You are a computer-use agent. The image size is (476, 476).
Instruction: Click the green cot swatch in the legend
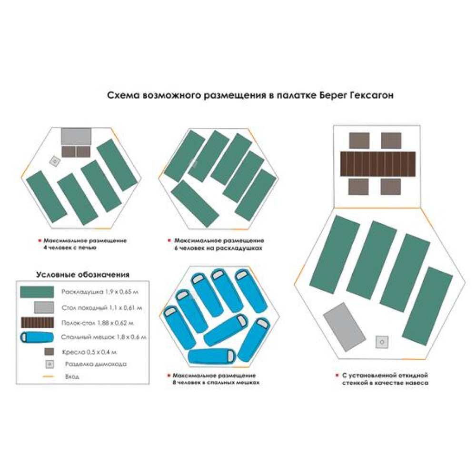pos(37,291)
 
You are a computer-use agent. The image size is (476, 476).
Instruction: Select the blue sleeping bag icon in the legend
pos(37,337)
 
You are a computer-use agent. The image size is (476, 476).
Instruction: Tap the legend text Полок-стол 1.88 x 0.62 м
pos(98,323)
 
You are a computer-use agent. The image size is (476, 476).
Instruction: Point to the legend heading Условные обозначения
pos(83,275)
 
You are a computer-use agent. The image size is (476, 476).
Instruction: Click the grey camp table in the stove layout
pos(76,137)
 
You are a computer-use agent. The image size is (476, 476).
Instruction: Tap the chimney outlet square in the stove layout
pos(55,161)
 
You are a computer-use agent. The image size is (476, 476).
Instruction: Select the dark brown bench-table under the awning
pos(377,163)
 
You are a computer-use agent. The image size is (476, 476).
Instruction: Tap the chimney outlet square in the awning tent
pos(382,341)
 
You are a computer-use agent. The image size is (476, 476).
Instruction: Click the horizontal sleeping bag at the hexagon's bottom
pos(212,356)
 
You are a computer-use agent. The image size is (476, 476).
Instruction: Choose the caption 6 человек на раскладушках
pos(218,248)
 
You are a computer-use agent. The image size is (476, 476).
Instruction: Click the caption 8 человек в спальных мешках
pos(217,382)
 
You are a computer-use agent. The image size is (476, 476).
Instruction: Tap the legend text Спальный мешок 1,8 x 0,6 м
pos(104,337)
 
